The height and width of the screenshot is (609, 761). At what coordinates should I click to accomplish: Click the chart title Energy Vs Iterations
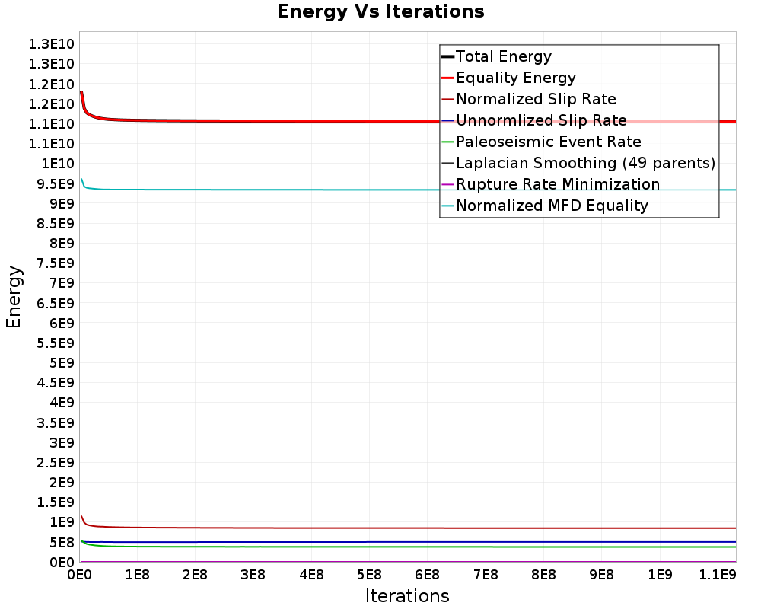click(380, 11)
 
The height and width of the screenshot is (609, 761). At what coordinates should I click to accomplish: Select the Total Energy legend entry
click(503, 56)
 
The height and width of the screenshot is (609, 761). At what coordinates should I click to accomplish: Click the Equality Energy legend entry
click(515, 78)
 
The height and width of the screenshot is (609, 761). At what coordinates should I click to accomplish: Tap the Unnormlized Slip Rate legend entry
click(541, 120)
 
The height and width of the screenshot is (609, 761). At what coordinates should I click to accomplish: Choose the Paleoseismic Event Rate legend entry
click(548, 142)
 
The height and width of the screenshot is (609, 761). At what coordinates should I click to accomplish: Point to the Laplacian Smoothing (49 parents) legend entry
click(585, 163)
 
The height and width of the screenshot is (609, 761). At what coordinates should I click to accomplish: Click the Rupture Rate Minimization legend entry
click(558, 184)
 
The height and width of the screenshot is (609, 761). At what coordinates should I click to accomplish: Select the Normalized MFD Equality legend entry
click(552, 206)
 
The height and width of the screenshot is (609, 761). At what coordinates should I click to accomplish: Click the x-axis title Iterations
click(407, 595)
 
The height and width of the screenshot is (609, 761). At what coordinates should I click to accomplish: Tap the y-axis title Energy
click(14, 296)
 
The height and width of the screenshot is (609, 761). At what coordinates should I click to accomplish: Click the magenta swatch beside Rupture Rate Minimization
click(447, 184)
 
